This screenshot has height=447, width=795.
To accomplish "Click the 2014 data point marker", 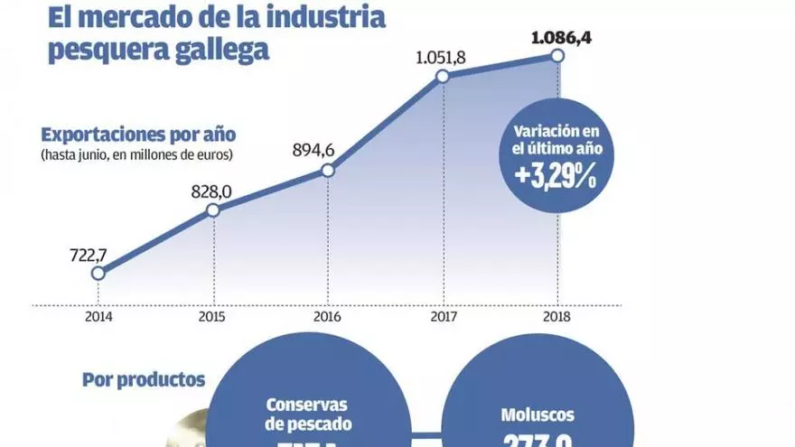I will [x=98, y=273].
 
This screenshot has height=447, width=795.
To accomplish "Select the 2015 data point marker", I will [x=213, y=210].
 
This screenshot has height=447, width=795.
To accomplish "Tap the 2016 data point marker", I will [x=328, y=170].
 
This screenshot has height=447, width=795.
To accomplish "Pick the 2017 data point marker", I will [x=443, y=77].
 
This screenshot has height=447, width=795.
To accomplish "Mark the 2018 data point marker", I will [x=557, y=57].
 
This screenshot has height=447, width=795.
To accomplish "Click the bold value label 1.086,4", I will [x=556, y=38].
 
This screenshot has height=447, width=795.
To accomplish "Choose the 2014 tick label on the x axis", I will [x=98, y=318].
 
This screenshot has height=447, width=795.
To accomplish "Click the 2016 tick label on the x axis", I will [x=328, y=318].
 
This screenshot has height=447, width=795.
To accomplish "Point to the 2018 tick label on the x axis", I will [x=557, y=318].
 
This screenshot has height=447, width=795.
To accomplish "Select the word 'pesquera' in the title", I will [x=104, y=51].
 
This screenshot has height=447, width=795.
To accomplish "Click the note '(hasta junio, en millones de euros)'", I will [x=136, y=155].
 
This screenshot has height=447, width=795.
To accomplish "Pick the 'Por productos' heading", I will [x=144, y=380].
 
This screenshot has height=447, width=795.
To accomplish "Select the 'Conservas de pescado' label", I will [x=308, y=414].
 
